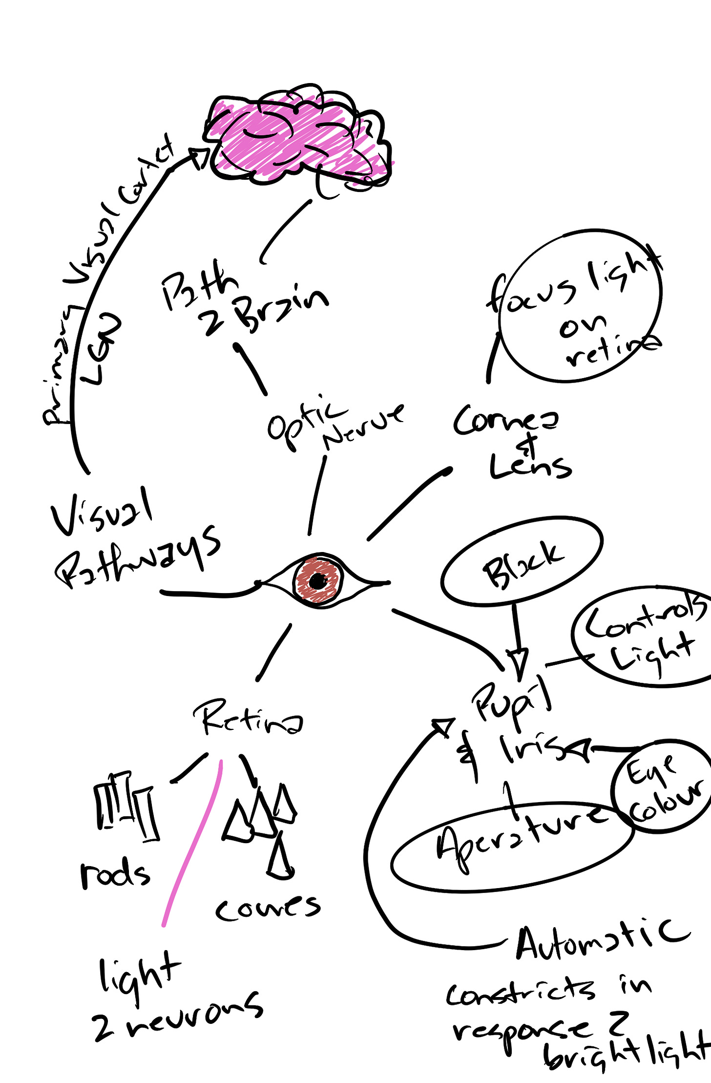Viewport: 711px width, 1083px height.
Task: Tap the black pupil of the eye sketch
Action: [317, 581]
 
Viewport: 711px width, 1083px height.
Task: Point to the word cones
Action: [268, 908]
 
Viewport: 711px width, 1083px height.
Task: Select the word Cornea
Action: [505, 420]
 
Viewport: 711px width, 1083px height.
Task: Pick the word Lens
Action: [530, 467]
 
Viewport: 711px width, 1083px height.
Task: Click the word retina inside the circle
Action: [613, 349]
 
